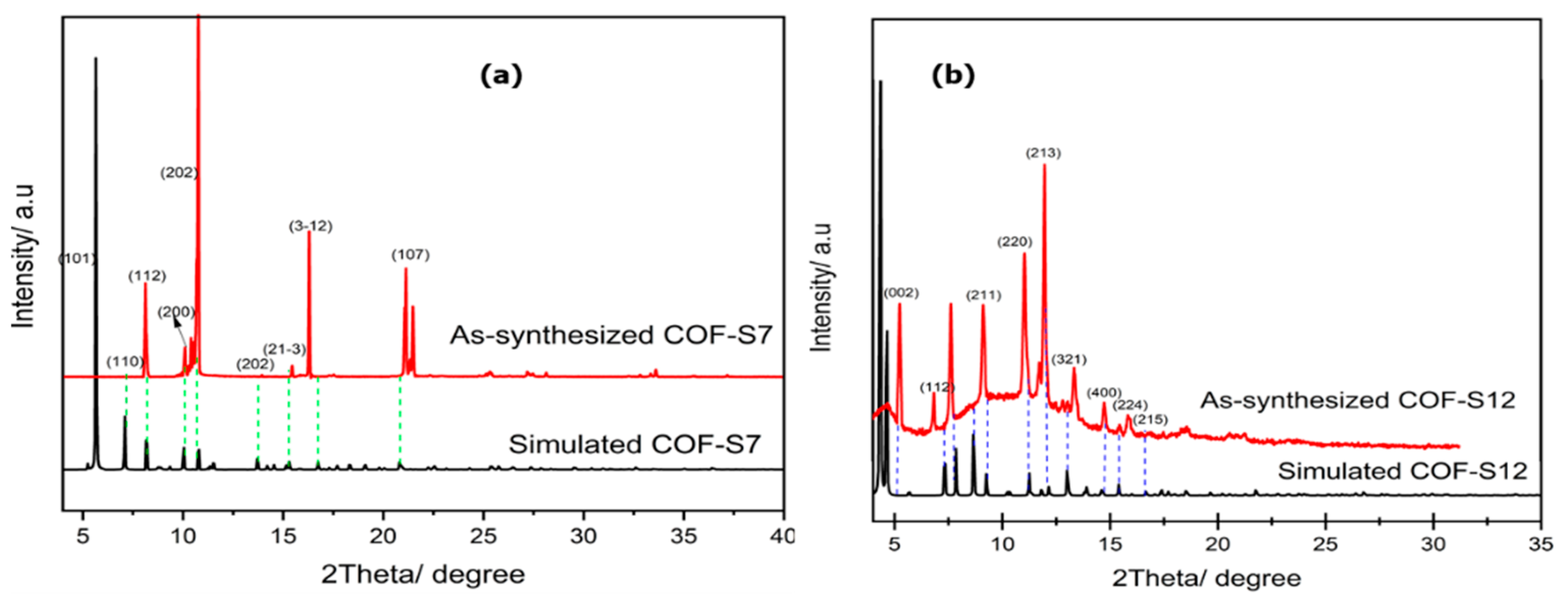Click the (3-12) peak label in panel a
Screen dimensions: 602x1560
(x=310, y=226)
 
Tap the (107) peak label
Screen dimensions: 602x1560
(x=410, y=255)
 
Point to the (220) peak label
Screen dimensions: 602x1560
(x=1015, y=242)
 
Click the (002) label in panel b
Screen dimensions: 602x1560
(x=901, y=293)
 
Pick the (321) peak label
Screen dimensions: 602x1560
(x=1069, y=360)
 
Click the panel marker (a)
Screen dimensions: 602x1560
(x=501, y=76)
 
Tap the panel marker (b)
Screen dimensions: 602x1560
(x=953, y=76)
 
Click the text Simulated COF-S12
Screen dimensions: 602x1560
(x=1402, y=471)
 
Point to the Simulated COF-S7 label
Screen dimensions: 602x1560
(x=634, y=444)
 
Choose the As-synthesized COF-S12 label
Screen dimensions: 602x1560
(x=1358, y=400)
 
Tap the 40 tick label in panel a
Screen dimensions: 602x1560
(x=782, y=536)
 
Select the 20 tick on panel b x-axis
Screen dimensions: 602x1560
(x=1218, y=543)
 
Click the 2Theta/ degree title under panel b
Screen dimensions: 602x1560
(x=1206, y=579)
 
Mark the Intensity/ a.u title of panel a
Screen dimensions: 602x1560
(x=24, y=257)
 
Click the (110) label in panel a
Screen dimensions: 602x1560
(x=125, y=362)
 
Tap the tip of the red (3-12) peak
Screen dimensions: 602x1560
(x=309, y=232)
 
